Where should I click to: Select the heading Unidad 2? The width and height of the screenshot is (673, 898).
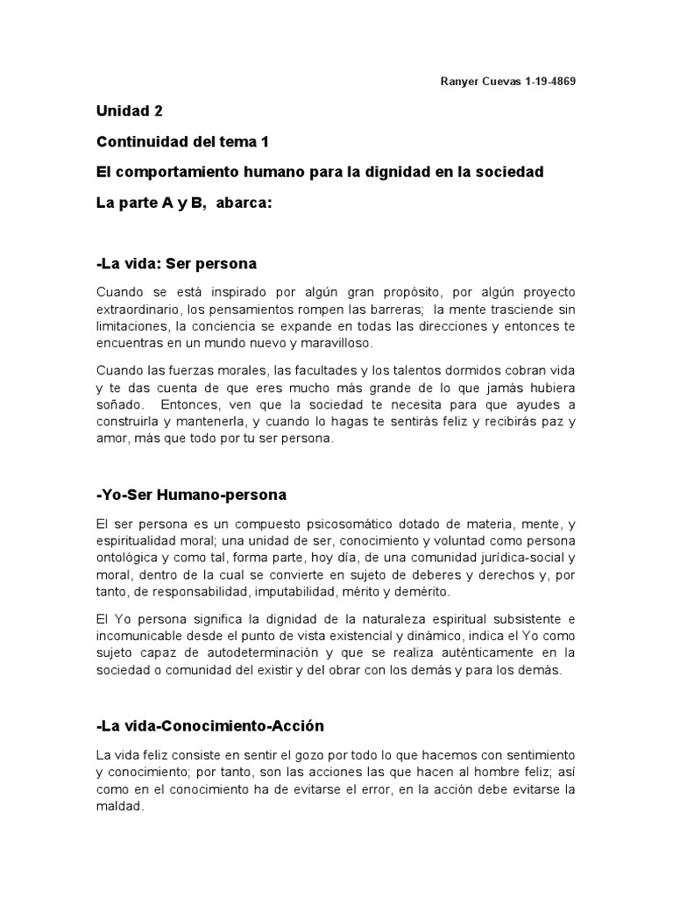coord(130,111)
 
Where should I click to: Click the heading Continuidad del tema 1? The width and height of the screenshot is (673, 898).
coord(182,141)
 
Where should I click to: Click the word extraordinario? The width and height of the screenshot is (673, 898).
coord(141,308)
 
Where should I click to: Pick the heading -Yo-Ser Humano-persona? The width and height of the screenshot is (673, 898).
coord(192,495)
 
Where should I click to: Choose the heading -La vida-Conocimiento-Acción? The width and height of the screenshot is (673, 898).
coord(210,726)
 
